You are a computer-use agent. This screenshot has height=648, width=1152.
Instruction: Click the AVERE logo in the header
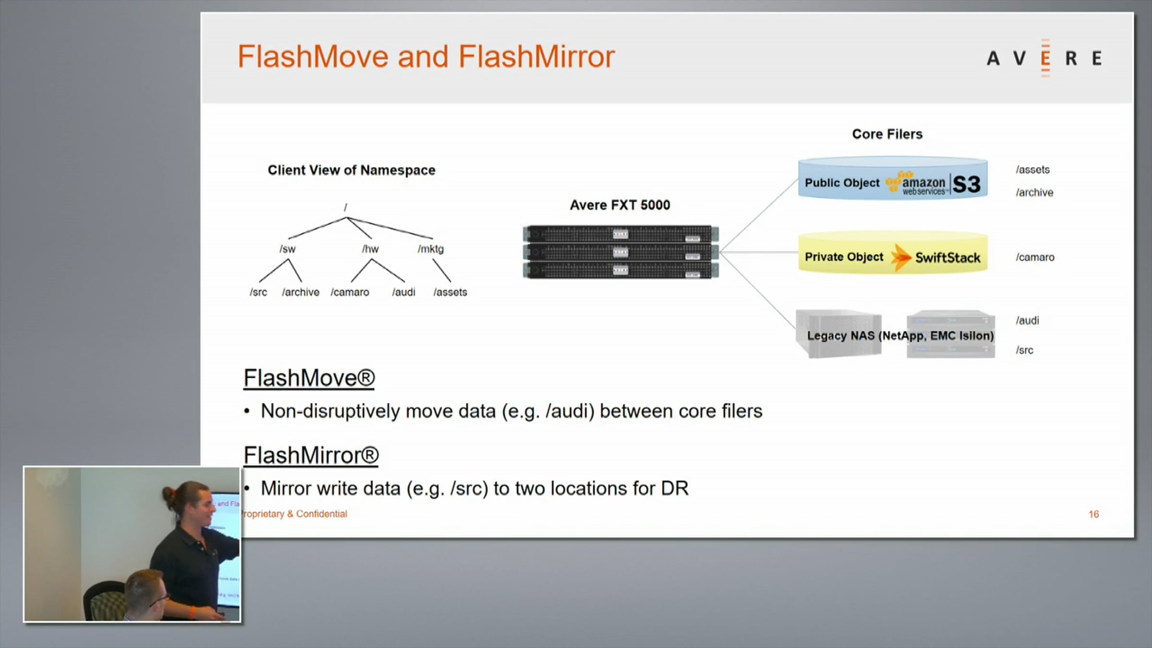point(1044,59)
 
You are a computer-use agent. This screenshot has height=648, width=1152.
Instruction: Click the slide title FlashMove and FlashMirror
point(426,57)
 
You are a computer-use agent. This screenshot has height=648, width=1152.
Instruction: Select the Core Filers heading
point(887,134)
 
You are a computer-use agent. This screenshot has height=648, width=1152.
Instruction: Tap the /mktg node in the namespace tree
point(431,249)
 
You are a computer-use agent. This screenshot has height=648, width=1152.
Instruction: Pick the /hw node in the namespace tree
point(370,249)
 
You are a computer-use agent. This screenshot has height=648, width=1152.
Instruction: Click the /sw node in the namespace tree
point(288,249)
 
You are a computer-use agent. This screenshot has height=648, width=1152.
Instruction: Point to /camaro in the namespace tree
point(350,292)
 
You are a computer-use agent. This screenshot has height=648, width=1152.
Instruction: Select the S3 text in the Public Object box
point(966,184)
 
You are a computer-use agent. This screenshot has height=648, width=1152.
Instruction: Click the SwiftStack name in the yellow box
point(948,258)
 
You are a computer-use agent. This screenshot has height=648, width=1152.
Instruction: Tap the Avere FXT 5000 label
point(620,205)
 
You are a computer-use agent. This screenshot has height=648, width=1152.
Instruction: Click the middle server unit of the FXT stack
point(620,252)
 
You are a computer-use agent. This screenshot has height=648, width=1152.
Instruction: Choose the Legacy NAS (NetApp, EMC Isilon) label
point(900,336)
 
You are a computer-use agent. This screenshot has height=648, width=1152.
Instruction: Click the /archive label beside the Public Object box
point(1034,192)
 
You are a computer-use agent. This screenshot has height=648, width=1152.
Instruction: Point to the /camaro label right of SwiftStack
point(1035,257)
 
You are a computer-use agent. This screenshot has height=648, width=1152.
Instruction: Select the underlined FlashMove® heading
point(309,378)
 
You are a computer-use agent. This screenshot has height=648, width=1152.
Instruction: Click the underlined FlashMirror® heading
point(311,455)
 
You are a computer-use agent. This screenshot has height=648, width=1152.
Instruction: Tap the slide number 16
point(1093,514)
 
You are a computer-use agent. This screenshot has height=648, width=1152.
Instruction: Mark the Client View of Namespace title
point(351,170)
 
